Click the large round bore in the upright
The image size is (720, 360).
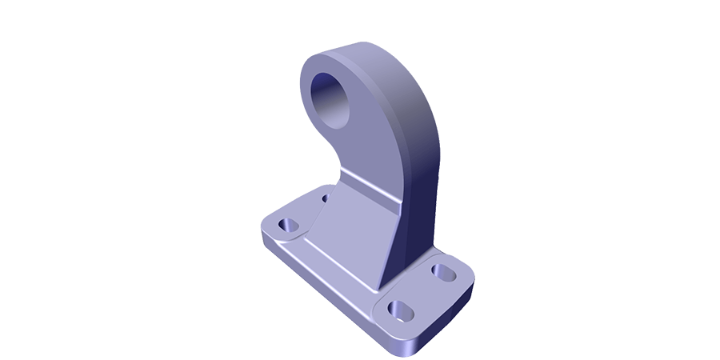(330, 97)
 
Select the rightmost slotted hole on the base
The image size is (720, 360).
(442, 271)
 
